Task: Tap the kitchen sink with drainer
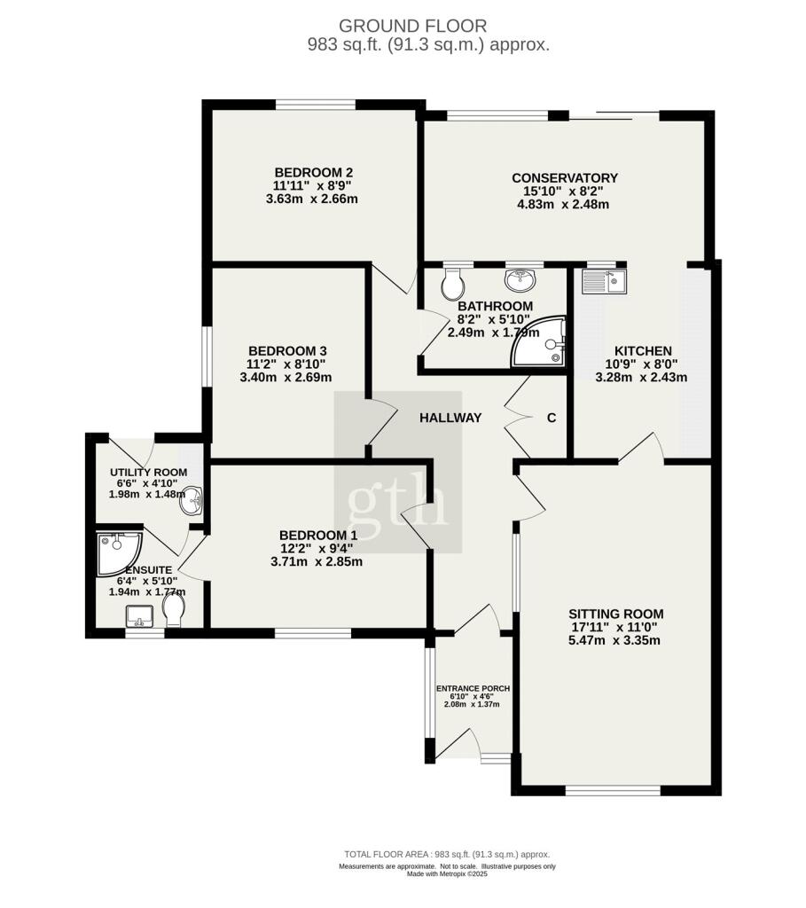tap(604, 281)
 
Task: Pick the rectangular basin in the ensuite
tap(139, 616)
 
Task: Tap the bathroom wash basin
tap(520, 280)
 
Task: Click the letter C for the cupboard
tap(552, 418)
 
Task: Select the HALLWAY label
tap(450, 418)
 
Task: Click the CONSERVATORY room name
tap(565, 177)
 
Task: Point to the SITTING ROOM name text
tap(616, 614)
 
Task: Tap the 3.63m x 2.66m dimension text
tap(312, 200)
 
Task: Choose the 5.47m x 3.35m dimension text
tap(614, 640)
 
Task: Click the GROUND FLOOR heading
tap(413, 26)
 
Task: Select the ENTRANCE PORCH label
tap(473, 688)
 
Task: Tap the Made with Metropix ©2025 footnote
tap(447, 873)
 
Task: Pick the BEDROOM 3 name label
tap(288, 351)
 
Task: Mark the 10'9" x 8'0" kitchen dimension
tap(642, 364)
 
